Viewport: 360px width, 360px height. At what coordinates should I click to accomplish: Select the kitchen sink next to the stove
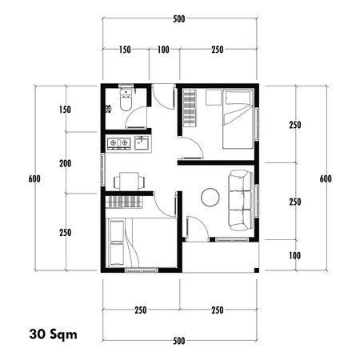[x=140, y=144]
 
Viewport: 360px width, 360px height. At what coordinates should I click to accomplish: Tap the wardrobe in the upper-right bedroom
[x=189, y=106]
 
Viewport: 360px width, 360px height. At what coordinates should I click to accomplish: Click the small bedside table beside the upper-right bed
[x=212, y=98]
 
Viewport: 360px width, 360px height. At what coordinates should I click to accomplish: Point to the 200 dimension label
[x=66, y=164]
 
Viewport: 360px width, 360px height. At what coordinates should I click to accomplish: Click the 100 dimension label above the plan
[x=163, y=50]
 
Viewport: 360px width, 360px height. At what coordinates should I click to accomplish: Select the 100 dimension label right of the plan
[x=294, y=255]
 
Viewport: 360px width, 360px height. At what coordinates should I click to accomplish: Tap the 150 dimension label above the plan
[x=125, y=50]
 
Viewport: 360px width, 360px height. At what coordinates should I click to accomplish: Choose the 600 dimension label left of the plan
[x=34, y=178]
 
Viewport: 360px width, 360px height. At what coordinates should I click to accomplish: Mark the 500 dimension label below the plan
[x=179, y=341]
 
